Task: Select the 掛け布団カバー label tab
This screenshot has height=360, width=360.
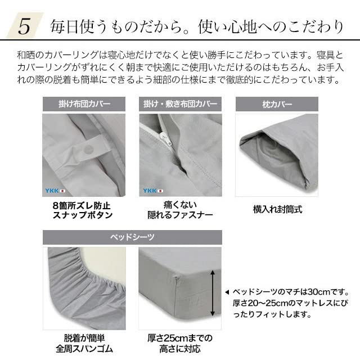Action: pyautogui.click(x=84, y=104)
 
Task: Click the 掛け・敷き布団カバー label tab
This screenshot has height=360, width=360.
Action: pyautogui.click(x=180, y=104)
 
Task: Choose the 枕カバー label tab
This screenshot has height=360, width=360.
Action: pyautogui.click(x=276, y=104)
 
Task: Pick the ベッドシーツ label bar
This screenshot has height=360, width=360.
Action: pyautogui.click(x=132, y=237)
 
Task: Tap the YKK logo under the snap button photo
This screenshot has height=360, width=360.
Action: pyautogui.click(x=56, y=191)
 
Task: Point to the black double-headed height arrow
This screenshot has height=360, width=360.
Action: pyautogui.click(x=213, y=292)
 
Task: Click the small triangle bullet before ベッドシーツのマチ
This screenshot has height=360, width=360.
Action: pyautogui.click(x=227, y=292)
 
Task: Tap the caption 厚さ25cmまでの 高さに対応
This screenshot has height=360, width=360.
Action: pyautogui.click(x=180, y=343)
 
